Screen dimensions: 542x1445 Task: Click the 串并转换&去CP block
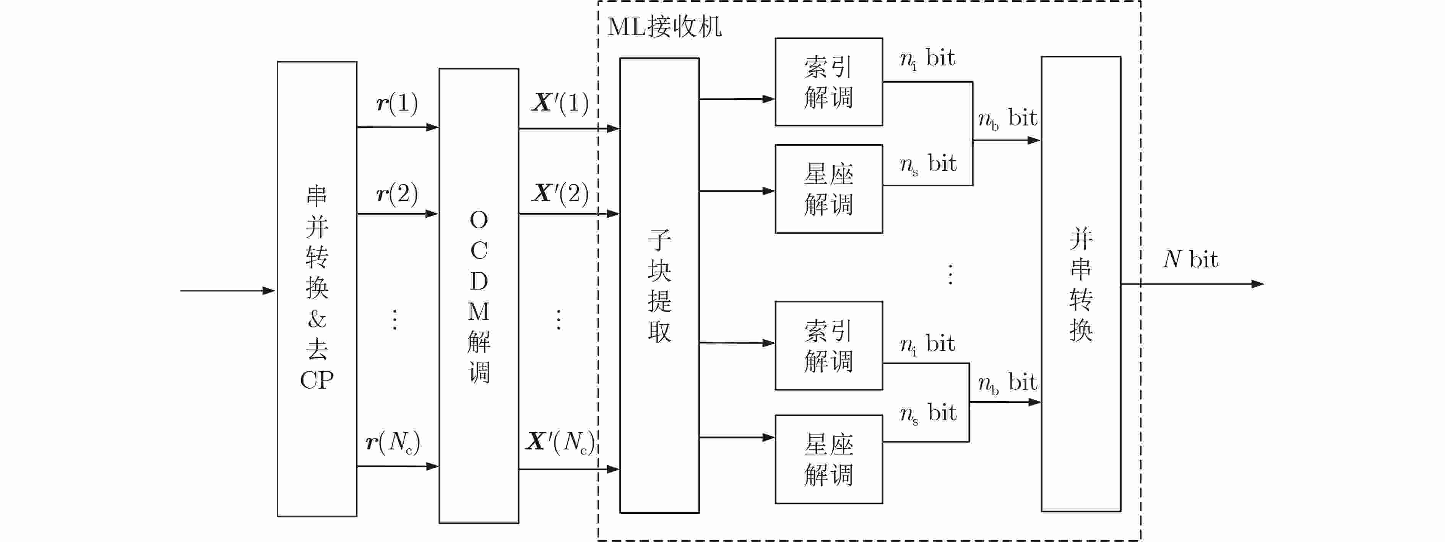coord(317,288)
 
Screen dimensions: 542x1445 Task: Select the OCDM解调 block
coord(479,296)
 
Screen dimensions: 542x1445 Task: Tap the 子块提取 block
coord(659,285)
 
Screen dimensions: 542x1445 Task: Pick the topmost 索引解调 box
coord(828,82)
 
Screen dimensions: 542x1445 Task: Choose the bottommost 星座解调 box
coord(828,459)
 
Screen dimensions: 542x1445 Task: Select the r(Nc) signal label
coord(393,442)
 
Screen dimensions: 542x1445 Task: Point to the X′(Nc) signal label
coord(560,442)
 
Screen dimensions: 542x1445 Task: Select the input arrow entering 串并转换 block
coord(227,291)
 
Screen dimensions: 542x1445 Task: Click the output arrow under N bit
coord(1192,284)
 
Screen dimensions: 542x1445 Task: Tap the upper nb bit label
coord(1007,119)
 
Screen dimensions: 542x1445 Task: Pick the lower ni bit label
coord(927,344)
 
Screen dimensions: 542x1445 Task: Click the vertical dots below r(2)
coord(395,319)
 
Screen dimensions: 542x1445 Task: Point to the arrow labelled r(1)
coord(397,127)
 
